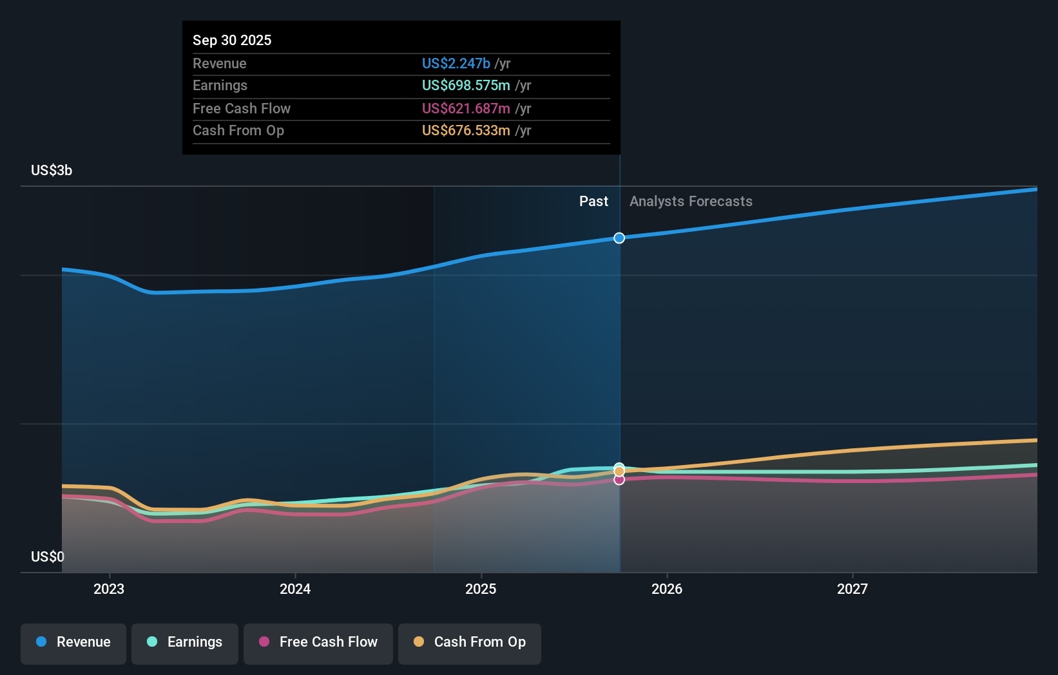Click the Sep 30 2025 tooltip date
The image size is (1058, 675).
(x=232, y=40)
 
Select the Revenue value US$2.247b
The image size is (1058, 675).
(x=456, y=63)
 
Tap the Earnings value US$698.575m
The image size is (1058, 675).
(x=466, y=85)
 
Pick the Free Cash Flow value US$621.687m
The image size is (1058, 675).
(x=466, y=108)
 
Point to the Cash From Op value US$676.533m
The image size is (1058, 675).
(x=466, y=130)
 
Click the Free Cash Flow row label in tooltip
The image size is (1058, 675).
(x=242, y=108)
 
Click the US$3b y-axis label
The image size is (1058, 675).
(x=52, y=170)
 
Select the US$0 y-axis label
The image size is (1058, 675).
(x=48, y=556)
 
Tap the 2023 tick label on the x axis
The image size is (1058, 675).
(x=109, y=589)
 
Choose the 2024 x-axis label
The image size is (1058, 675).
(x=295, y=589)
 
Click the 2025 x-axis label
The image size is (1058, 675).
(x=481, y=589)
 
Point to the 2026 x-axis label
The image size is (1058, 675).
(x=667, y=589)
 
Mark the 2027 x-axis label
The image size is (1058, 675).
(x=852, y=589)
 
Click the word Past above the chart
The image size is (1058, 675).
(x=593, y=201)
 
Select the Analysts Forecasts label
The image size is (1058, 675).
(x=691, y=201)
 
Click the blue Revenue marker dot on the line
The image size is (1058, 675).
(x=619, y=238)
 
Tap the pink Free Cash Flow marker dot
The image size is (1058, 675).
(x=619, y=480)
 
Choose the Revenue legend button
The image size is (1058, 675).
(x=73, y=642)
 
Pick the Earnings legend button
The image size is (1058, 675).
(x=185, y=642)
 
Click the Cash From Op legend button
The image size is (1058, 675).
(x=470, y=642)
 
